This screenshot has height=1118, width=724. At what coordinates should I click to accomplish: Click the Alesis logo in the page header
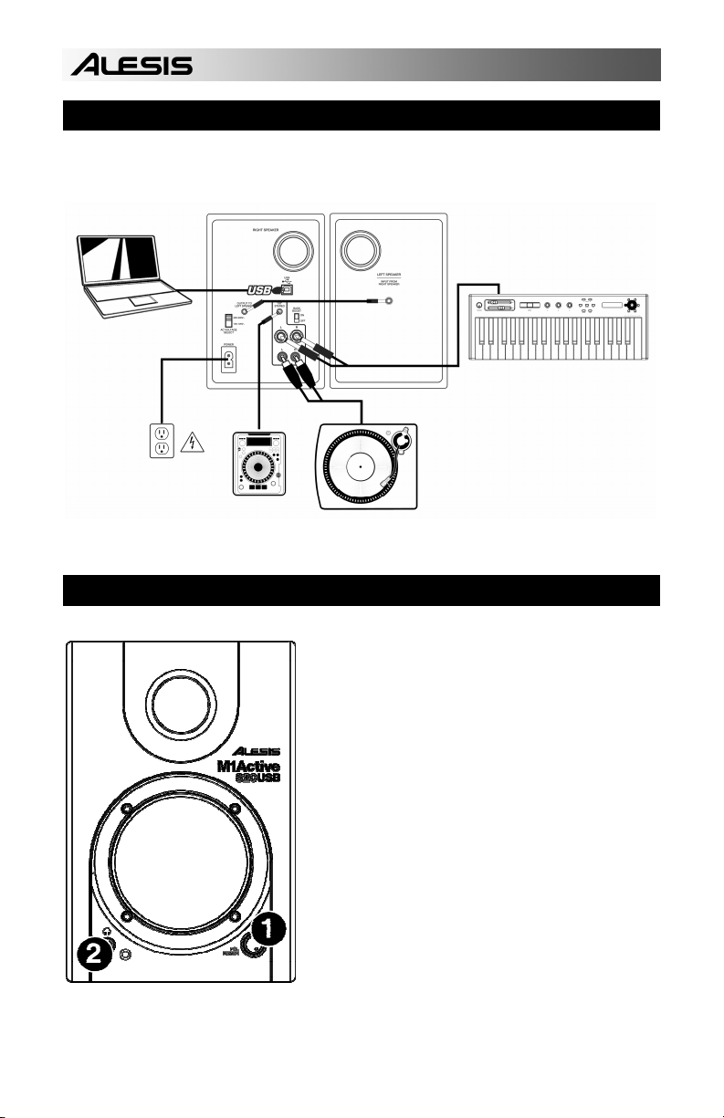click(132, 65)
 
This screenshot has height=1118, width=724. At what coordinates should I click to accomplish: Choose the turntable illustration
click(368, 466)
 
